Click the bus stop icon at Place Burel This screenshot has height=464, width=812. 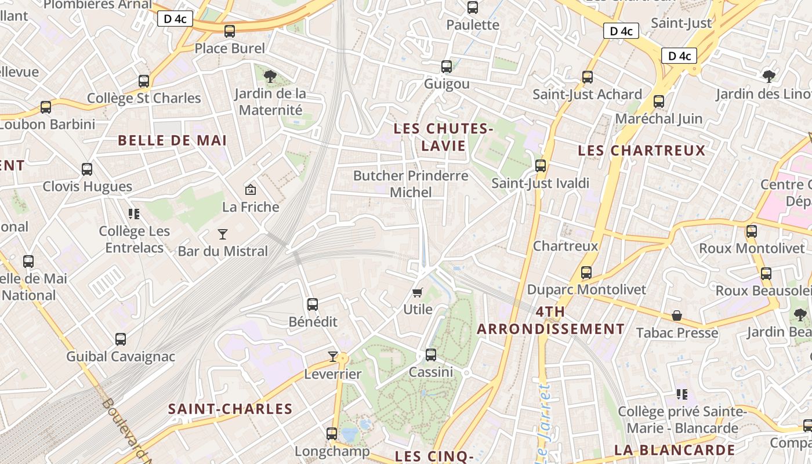click(x=230, y=31)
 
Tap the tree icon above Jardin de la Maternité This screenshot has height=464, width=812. click(x=270, y=76)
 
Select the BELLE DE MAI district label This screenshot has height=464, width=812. click(x=172, y=140)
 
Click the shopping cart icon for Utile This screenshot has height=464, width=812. click(x=418, y=292)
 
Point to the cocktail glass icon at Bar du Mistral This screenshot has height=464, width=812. click(x=223, y=234)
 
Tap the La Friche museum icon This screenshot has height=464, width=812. click(x=251, y=190)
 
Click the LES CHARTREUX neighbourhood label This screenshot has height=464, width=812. click(x=641, y=151)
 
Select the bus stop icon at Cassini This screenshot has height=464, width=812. click(x=430, y=355)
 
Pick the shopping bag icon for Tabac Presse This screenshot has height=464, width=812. click(x=677, y=316)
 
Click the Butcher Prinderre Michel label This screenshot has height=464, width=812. click(x=411, y=184)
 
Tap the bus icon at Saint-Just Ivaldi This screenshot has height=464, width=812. click(x=541, y=166)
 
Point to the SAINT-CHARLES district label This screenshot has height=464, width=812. click(x=230, y=409)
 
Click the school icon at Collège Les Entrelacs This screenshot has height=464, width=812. click(x=135, y=214)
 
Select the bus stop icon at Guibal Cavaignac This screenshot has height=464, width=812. click(x=121, y=339)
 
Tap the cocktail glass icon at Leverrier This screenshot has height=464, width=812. click(x=333, y=357)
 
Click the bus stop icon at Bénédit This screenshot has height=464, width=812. click(x=313, y=304)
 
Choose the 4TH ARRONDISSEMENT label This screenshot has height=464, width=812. click(x=550, y=321)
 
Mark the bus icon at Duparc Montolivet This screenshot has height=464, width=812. click(x=586, y=273)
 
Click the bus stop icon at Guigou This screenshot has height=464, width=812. click(x=447, y=67)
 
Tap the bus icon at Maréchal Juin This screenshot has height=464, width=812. click(x=659, y=101)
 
